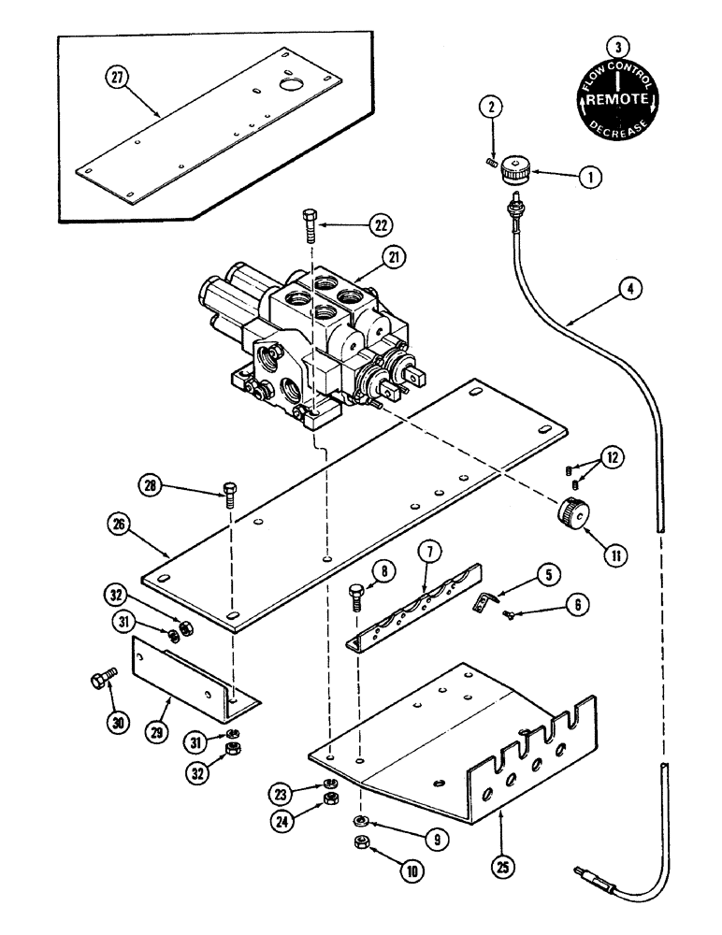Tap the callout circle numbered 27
click(118, 78)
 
